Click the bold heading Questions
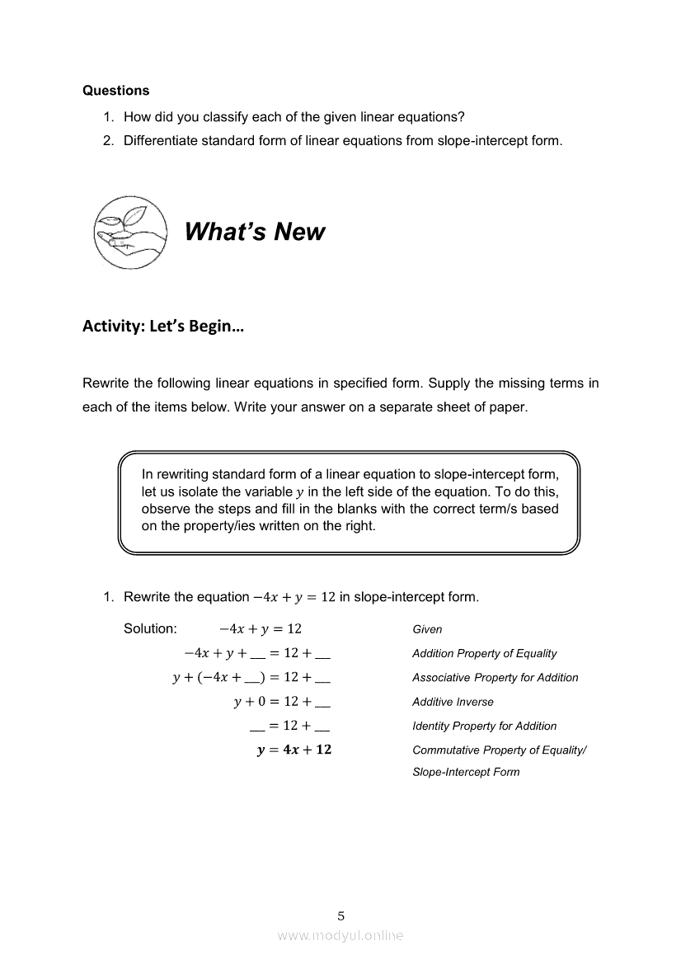click(116, 91)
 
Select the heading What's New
click(255, 232)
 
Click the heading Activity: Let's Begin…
click(163, 326)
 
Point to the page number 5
click(341, 915)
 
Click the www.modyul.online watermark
click(340, 935)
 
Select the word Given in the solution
click(427, 629)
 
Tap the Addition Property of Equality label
click(484, 653)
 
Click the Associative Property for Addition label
click(495, 677)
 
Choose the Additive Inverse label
click(453, 702)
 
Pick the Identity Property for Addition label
click(484, 726)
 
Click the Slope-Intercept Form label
click(466, 772)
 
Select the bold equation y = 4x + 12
click(294, 750)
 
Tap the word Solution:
click(150, 628)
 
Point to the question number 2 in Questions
click(107, 140)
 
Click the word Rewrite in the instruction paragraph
click(106, 383)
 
